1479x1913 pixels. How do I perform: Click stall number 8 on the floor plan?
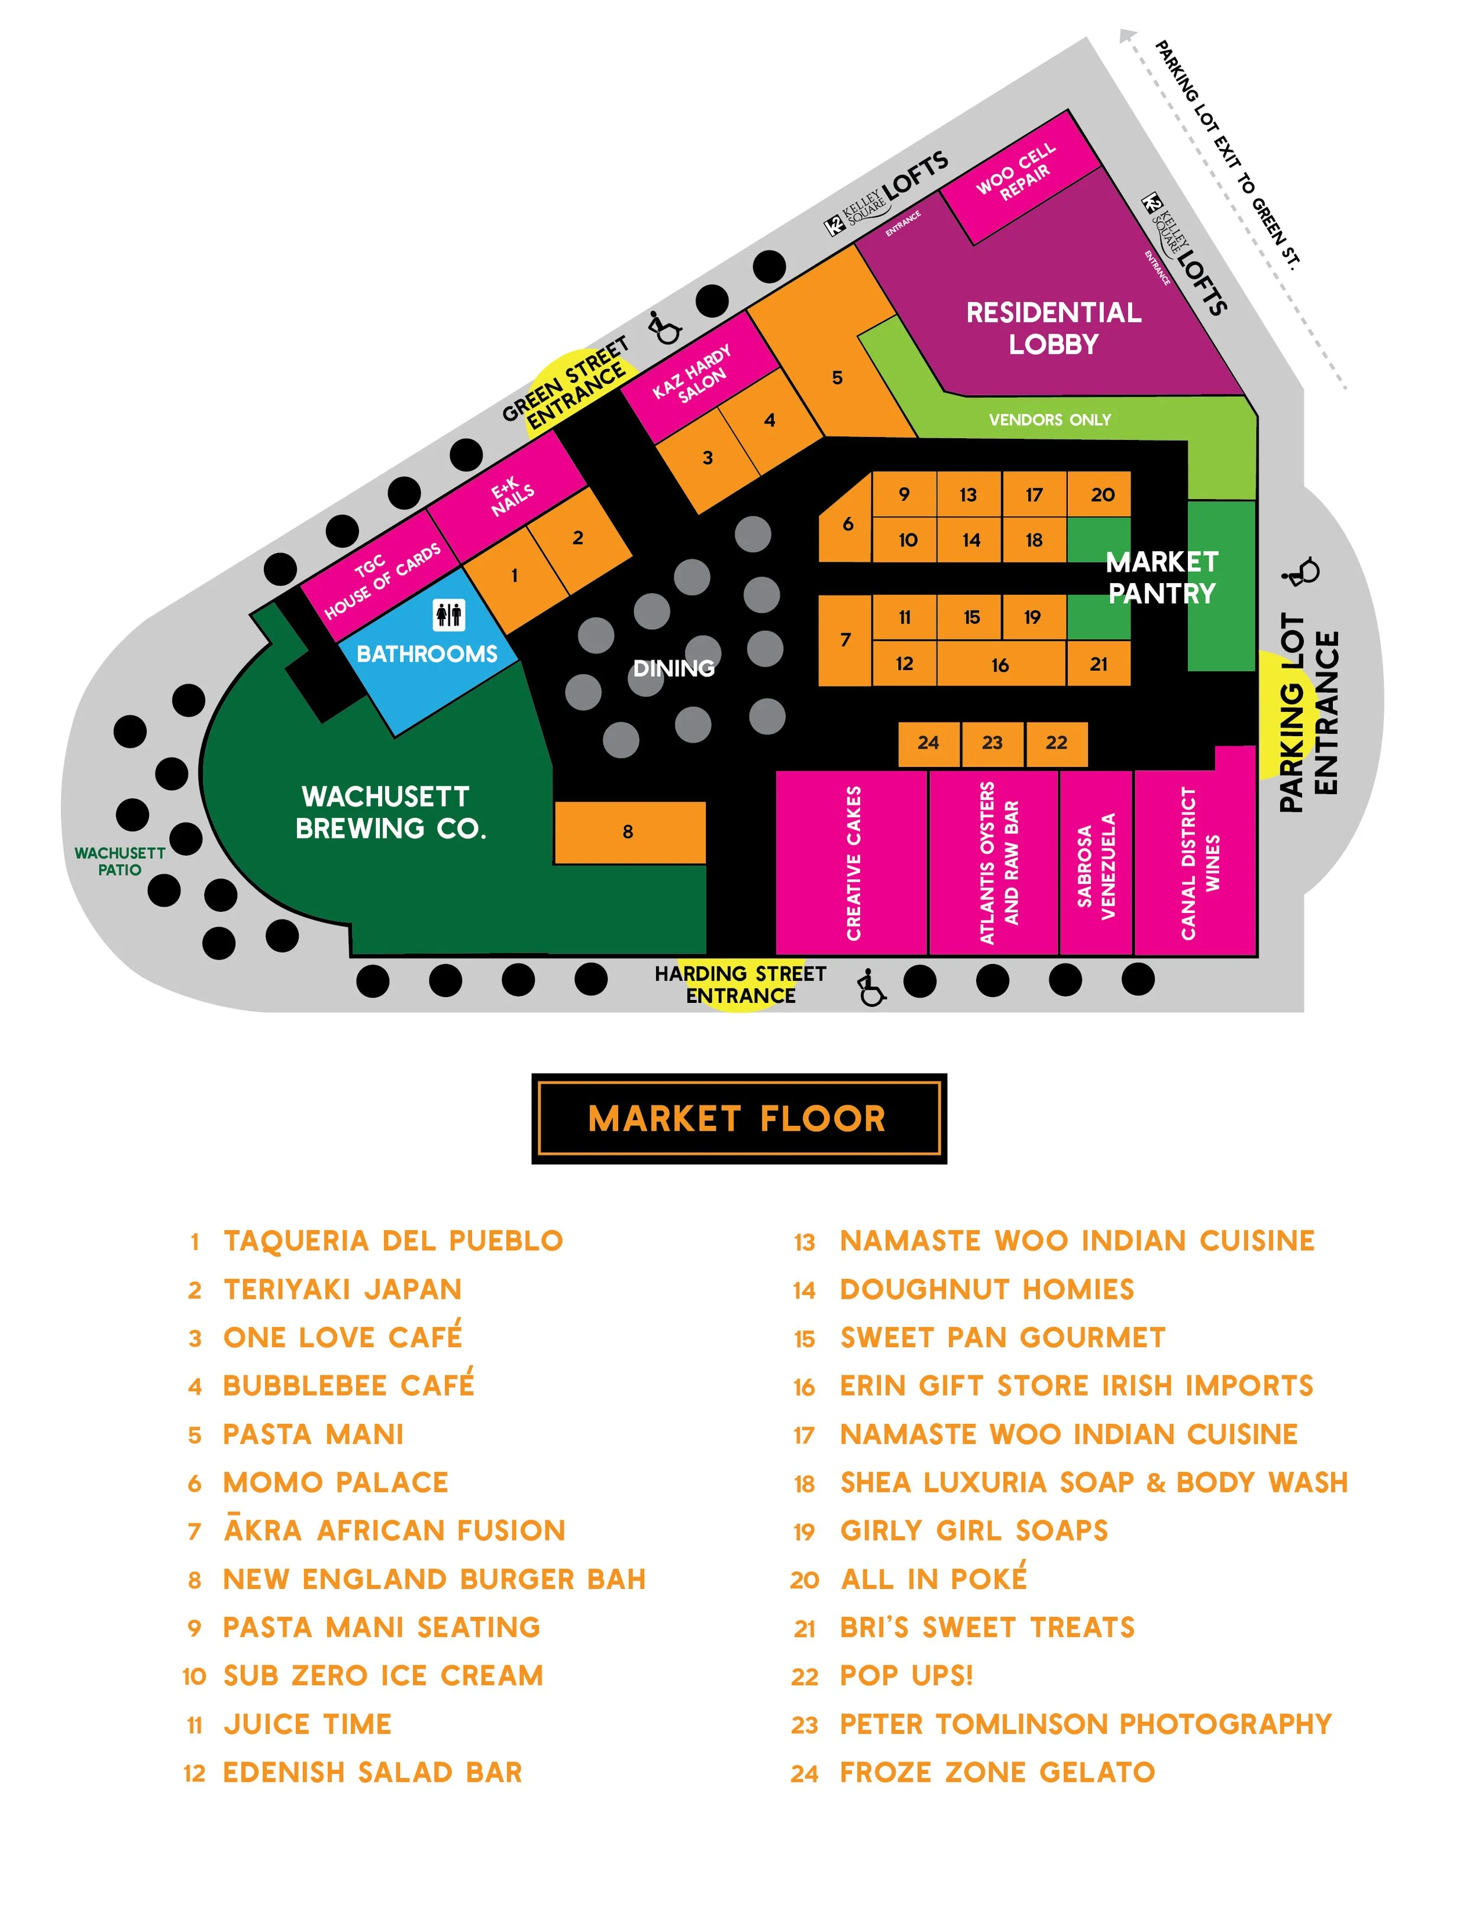pyautogui.click(x=628, y=832)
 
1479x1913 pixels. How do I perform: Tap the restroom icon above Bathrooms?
pyautogui.click(x=448, y=615)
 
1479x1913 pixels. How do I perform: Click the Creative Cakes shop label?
pyautogui.click(x=854, y=863)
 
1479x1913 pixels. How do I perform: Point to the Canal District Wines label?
pyautogui.click(x=1200, y=863)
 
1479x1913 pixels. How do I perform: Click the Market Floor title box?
pyautogui.click(x=739, y=1119)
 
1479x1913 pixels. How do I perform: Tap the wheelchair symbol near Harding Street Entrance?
pyautogui.click(x=870, y=987)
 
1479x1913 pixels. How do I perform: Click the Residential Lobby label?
pyautogui.click(x=1053, y=328)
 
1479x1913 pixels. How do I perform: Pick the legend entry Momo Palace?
pyautogui.click(x=335, y=1482)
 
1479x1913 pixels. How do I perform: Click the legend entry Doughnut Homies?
pyautogui.click(x=987, y=1289)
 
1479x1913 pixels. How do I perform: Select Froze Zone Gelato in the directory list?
pyautogui.click(x=997, y=1772)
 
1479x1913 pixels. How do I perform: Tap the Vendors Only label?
pyautogui.click(x=1049, y=420)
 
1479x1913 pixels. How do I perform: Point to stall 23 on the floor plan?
pyautogui.click(x=992, y=743)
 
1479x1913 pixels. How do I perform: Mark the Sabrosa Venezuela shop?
pyautogui.click(x=1095, y=865)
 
